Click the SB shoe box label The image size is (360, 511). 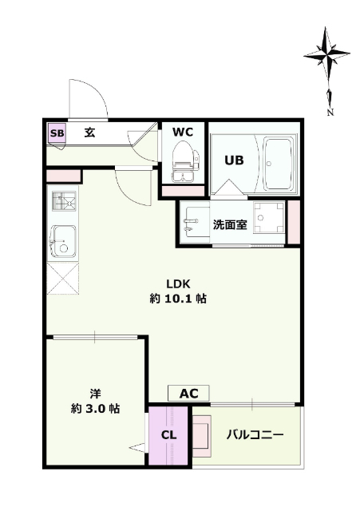pos(57,133)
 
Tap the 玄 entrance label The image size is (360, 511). pos(89,133)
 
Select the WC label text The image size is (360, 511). pos(183,132)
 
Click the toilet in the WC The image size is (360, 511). pos(184,161)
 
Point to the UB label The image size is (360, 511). pos(234,160)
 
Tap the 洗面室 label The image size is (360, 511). pos(230,224)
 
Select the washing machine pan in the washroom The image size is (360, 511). pos(269,217)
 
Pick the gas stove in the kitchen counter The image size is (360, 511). pos(63,201)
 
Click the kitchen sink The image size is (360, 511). pos(64,241)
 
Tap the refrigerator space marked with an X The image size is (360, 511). pos(62,279)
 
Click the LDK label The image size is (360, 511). pos(178,284)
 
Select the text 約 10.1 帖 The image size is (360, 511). pos(178,299)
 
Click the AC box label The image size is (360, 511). pos(188,394)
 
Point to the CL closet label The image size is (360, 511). pos(168,435)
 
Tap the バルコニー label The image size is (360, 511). pos(255,434)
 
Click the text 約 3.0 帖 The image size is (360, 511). pos(95,409)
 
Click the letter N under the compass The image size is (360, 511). pos(330,112)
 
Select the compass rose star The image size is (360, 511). pos(326,55)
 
